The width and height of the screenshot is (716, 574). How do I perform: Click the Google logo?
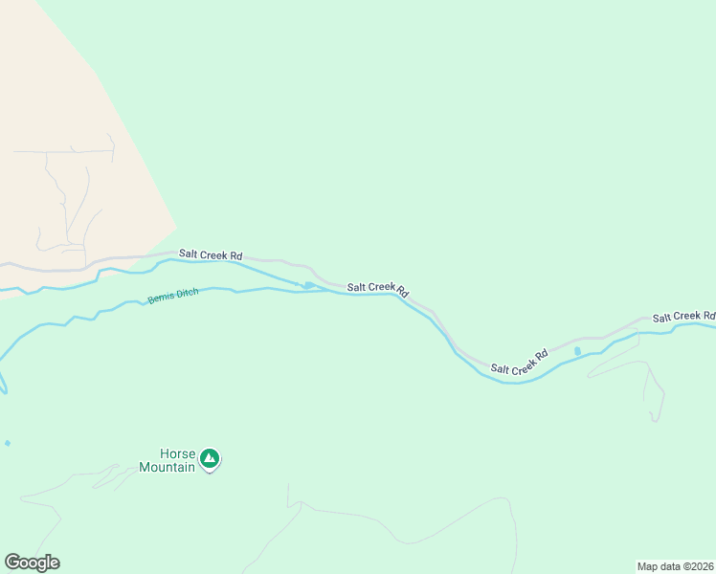[x=32, y=563]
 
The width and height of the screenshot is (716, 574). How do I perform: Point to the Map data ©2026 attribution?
[x=675, y=565]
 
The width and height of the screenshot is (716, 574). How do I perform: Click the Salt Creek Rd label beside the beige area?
[x=211, y=255]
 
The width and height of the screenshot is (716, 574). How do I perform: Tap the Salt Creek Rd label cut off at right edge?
[x=683, y=317]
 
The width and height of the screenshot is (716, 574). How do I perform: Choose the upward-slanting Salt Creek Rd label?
[x=519, y=361]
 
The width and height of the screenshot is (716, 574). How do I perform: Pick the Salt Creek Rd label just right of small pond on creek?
[x=378, y=288]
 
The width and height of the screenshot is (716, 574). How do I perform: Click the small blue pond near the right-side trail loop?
[x=577, y=352]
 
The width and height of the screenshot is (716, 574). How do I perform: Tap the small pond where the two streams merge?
[x=308, y=285]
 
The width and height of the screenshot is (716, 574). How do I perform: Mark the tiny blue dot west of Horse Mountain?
[x=8, y=443]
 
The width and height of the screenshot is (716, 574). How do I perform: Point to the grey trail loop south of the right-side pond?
[x=654, y=392]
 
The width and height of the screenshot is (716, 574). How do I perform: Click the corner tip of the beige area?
[x=176, y=227]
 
